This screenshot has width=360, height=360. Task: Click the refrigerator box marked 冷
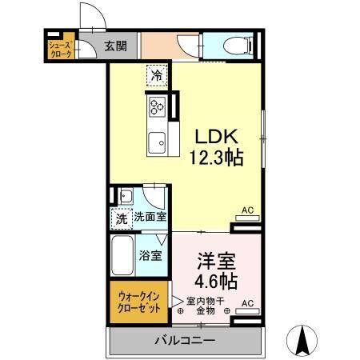(158, 77)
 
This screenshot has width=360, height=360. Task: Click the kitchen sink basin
(157, 138)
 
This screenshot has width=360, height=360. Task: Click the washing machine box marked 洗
(121, 217)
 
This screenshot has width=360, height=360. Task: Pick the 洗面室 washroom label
(150, 217)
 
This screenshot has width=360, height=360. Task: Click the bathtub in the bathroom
(122, 254)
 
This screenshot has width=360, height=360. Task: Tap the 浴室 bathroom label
(151, 257)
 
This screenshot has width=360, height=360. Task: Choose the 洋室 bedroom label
(215, 260)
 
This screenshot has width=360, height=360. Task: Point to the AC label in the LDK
(247, 210)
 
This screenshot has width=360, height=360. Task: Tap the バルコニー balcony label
(185, 341)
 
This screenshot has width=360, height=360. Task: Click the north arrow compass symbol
(304, 340)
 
